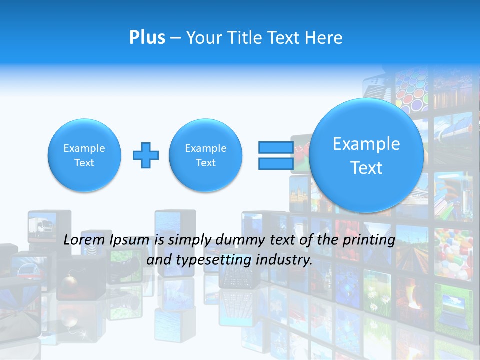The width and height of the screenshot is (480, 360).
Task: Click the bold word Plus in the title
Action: point(147,38)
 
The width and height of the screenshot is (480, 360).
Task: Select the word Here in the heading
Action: point(324,38)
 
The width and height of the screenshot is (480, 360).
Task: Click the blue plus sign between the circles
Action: point(146,155)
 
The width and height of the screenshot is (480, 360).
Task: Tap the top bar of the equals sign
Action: point(276,147)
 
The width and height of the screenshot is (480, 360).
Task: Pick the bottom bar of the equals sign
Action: point(276,164)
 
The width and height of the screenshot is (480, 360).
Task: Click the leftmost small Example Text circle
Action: point(84,155)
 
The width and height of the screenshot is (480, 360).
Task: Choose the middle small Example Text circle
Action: point(206,155)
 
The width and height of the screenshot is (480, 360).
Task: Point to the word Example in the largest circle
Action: point(366,144)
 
